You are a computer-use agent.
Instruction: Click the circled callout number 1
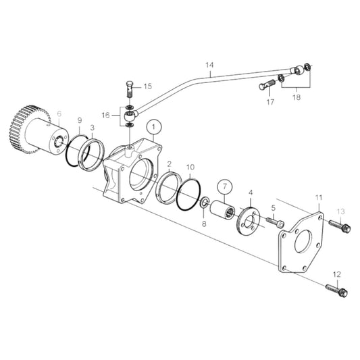tap(154, 126)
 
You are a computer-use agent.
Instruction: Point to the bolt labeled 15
tap(130, 88)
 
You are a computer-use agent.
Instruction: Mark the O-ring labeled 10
tap(188, 196)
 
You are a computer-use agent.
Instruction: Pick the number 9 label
tap(80, 121)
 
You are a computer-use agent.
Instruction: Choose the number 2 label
tap(169, 164)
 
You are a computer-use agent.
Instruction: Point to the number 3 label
tap(93, 127)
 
